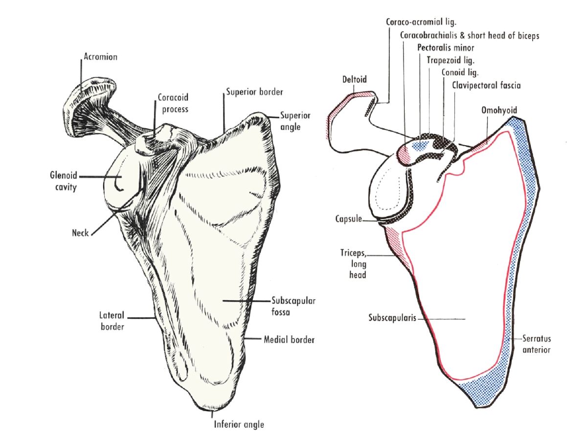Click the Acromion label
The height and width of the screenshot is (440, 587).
100,57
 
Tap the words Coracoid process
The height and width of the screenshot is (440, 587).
173,103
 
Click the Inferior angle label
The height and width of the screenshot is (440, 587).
239,424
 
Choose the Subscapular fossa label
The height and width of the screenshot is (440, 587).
293,306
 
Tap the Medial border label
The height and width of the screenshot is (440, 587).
289,339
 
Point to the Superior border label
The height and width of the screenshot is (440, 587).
254,92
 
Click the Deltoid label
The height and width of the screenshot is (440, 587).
355,79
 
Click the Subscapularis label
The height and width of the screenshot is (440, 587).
392,318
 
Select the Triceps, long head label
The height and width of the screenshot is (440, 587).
354,264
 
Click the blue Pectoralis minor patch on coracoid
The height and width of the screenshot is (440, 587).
419,145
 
